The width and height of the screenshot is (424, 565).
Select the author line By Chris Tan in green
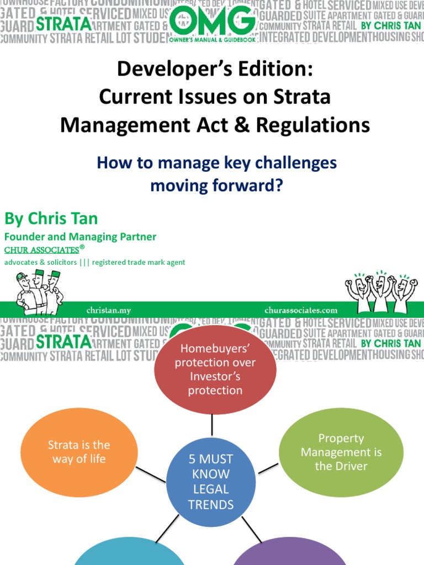[x=51, y=218]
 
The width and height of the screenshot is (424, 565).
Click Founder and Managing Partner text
[x=80, y=237]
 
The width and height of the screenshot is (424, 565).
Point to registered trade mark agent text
[x=139, y=263]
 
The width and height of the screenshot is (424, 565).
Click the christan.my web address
[x=108, y=310]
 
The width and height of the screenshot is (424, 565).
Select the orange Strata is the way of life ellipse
[x=78, y=451]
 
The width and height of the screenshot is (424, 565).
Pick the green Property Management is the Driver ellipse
[x=341, y=452]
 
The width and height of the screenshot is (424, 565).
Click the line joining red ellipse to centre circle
[x=213, y=425]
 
